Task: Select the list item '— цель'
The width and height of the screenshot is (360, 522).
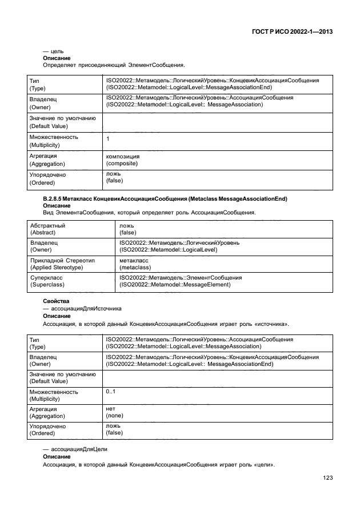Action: point(53,52)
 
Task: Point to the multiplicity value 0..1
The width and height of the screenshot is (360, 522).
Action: point(111,391)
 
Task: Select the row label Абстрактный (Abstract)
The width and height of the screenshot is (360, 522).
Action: point(47,229)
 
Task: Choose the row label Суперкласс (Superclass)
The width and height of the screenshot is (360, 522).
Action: point(46,281)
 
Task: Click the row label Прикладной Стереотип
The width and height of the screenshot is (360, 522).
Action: point(62,260)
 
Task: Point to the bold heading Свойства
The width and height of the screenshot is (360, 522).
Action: point(56,301)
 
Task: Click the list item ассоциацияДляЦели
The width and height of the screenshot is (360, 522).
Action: point(79,451)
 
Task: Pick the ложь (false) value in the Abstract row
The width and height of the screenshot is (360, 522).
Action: point(127,229)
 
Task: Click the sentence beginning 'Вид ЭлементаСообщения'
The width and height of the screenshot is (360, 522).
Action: point(149,213)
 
